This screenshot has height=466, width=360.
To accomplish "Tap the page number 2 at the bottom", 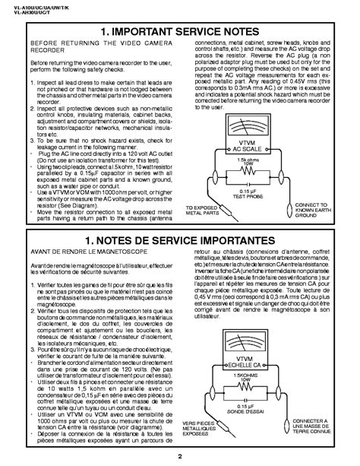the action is pos(179,456).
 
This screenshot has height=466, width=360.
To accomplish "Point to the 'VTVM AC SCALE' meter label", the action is pos(268,143).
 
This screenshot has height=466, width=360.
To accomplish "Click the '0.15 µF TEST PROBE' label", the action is pos(268,192).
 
